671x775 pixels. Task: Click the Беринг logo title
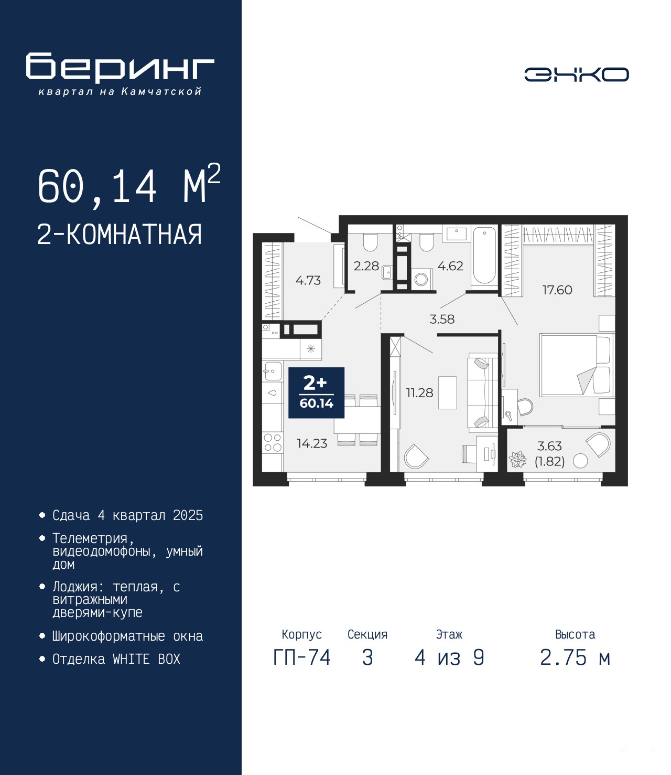click(120, 68)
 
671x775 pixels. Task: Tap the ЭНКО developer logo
click(576, 75)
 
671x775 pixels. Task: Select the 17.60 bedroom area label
click(557, 290)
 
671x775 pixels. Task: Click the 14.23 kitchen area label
click(312, 443)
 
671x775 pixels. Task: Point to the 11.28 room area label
click(419, 393)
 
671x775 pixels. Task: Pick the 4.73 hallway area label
click(308, 280)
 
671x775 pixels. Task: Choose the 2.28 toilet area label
click(366, 266)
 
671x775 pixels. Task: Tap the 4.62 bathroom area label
click(450, 266)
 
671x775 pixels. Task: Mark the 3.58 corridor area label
click(442, 319)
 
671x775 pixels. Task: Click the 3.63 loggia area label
click(549, 446)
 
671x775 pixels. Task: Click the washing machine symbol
click(422, 279)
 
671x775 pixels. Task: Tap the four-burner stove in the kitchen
click(273, 442)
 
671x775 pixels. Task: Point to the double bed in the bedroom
click(576, 365)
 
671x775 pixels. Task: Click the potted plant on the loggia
click(517, 460)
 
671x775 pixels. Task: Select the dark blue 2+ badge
click(316, 392)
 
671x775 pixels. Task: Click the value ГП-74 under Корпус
click(302, 658)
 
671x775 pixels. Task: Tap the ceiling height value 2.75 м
click(575, 658)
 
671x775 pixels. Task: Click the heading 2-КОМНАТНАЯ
click(120, 235)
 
